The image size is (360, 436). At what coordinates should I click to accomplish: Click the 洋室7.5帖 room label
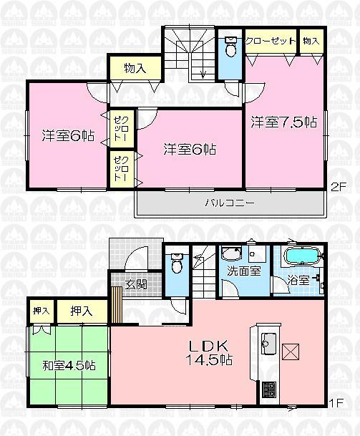[283, 122]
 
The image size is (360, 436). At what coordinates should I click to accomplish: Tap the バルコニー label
[230, 203]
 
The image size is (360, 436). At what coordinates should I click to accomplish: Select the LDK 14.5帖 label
[208, 352]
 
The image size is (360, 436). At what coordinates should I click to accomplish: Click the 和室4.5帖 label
[69, 365]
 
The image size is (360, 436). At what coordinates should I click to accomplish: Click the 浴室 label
[298, 280]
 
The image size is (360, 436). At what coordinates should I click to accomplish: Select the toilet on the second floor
[230, 49]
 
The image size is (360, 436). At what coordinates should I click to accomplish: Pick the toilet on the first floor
[177, 265]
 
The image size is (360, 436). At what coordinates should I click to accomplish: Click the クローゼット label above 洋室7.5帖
[271, 41]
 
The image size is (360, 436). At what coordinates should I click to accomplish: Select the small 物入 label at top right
[311, 42]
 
